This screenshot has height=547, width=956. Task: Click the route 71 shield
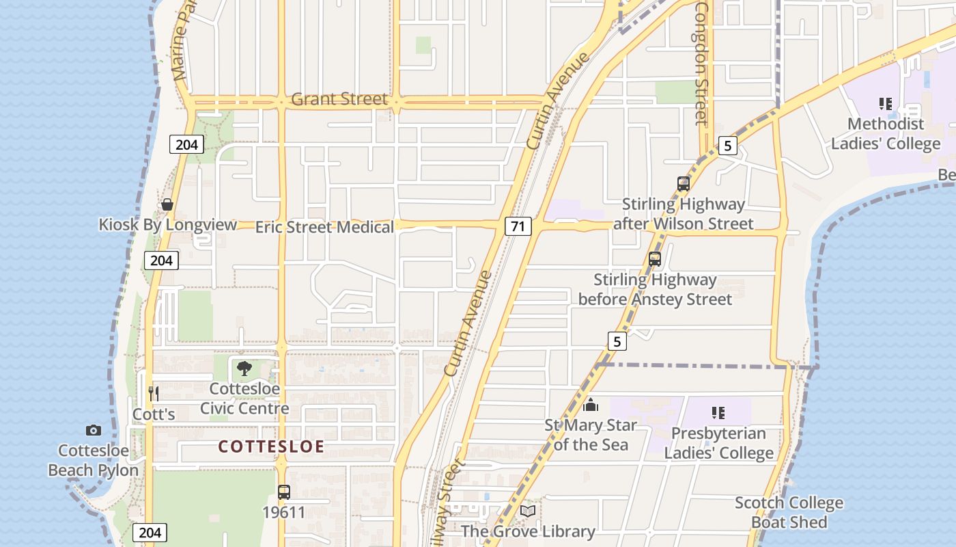(518, 226)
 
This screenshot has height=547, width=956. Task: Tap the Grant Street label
(339, 99)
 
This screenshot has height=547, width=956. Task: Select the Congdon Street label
(701, 63)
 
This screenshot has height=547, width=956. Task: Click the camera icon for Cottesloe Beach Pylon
(94, 430)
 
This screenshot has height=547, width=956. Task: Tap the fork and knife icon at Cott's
(154, 393)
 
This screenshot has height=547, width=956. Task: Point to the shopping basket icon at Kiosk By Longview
(167, 204)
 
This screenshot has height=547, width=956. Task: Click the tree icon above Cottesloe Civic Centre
(244, 369)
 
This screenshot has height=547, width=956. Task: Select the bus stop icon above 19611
(284, 492)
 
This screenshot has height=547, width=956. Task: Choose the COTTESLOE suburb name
(271, 446)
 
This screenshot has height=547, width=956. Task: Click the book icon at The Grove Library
(528, 511)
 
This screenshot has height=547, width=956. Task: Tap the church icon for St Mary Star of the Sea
(591, 405)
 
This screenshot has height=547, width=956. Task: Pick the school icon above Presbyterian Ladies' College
(718, 412)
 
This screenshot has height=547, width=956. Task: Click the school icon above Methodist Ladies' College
(886, 104)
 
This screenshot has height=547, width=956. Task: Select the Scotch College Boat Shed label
(789, 513)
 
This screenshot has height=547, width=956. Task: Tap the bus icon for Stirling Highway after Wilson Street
(684, 183)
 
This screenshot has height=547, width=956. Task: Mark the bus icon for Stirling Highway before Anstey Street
(655, 259)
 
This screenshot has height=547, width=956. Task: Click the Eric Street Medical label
(324, 227)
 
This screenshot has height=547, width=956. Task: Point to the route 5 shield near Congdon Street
(728, 145)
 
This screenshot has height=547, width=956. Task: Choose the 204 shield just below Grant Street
(186, 144)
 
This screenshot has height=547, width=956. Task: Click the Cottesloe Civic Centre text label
(244, 399)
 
